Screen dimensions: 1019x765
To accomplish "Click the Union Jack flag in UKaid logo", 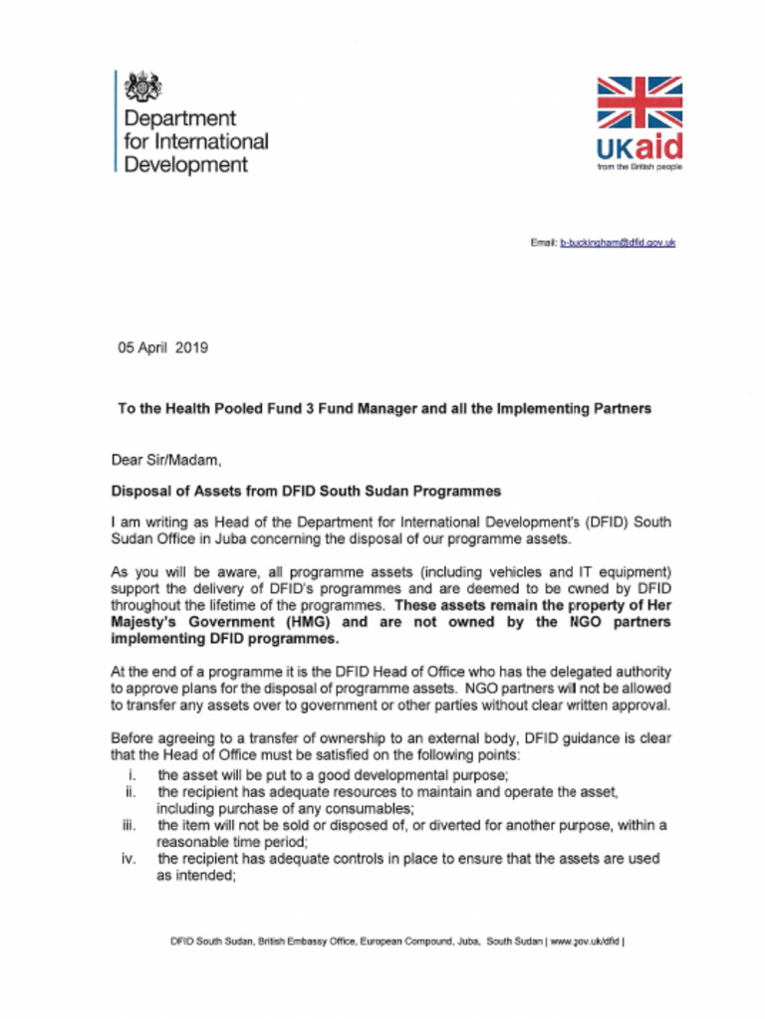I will tap(639, 102).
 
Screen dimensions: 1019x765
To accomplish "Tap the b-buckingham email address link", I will tap(618, 242).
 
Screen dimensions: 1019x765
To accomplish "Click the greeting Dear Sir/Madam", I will tap(158, 460).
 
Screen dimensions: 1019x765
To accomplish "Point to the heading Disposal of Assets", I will tap(305, 491).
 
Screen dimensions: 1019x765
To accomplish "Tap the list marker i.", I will tap(132, 774).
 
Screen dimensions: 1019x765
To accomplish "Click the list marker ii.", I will tap(130, 791).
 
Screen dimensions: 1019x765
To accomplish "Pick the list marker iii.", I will tap(129, 825).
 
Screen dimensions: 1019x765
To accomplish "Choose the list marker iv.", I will tap(129, 858).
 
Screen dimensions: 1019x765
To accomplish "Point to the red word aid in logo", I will tap(658, 148).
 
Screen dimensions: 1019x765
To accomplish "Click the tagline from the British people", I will tap(639, 167).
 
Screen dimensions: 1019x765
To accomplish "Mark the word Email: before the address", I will tap(543, 242).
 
